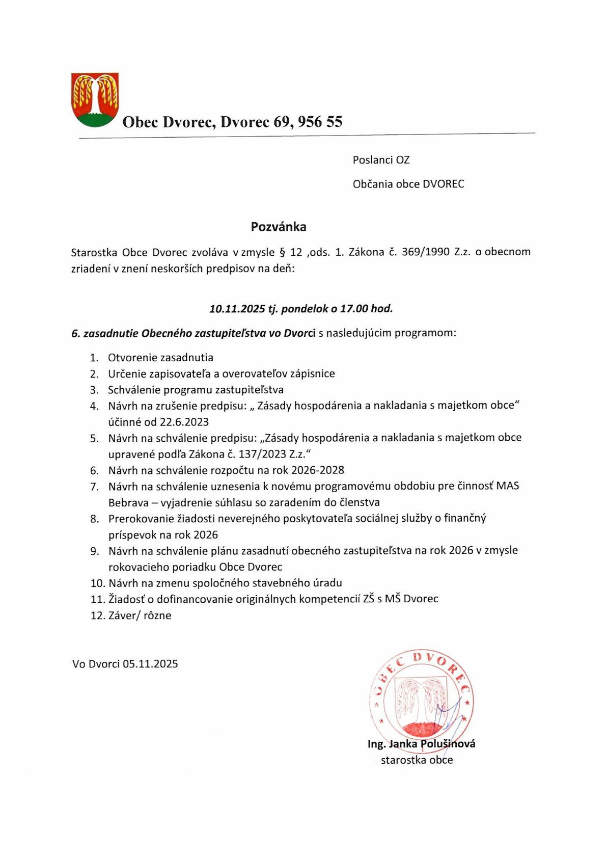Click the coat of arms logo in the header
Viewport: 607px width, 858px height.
tap(95, 100)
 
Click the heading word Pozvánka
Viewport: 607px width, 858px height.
tap(279, 227)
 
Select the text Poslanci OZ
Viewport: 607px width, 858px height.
tap(381, 160)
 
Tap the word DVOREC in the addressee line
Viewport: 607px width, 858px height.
tap(444, 184)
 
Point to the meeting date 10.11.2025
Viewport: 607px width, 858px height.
tap(237, 309)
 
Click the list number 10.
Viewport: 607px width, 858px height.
tap(97, 583)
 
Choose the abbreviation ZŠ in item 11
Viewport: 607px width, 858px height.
tap(369, 599)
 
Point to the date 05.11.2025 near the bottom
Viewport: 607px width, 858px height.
tap(150, 664)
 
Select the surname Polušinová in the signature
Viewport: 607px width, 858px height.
tap(448, 744)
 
